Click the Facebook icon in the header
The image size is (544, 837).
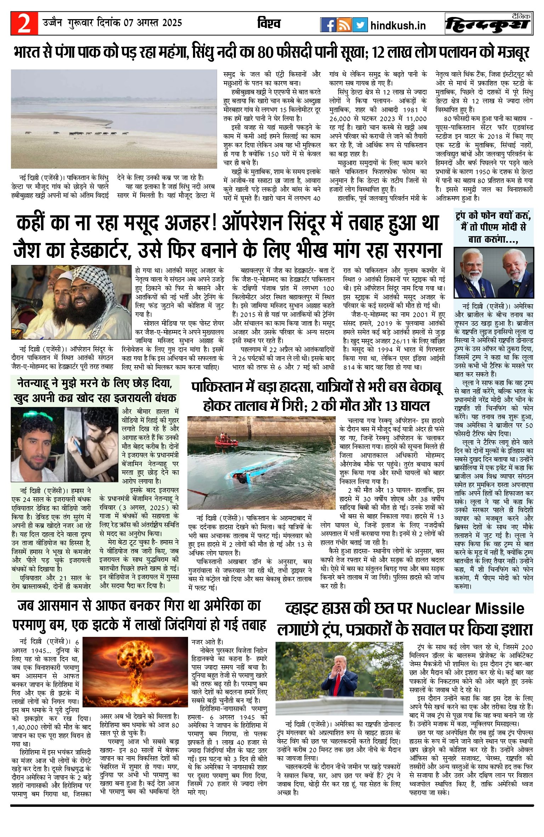pos(328,25)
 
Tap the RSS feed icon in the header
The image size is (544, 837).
pos(344,25)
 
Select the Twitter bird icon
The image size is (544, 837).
pos(360,25)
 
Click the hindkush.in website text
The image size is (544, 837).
pos(398,26)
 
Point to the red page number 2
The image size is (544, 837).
pos(24,24)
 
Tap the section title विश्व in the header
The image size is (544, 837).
pos(269,23)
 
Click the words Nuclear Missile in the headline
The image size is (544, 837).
pos(470,609)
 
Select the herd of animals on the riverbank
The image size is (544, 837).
pos(76,133)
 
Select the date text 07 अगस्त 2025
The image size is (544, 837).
pos(153,23)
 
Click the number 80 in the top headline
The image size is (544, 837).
pos(266,52)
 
